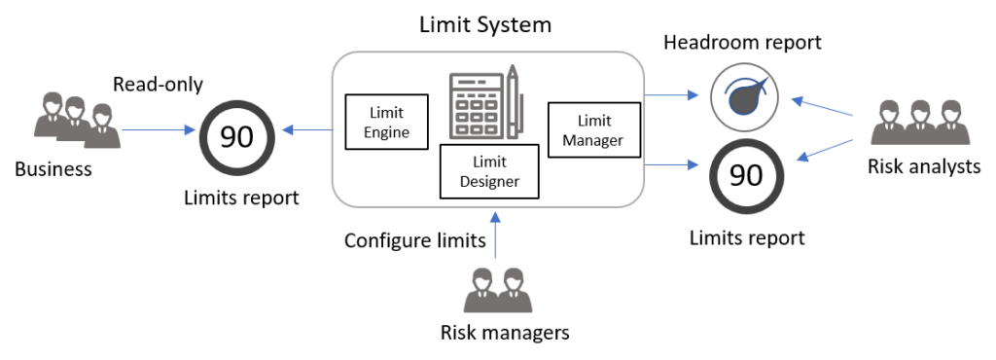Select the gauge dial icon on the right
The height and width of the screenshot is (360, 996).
[744, 97]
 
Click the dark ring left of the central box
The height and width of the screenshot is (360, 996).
[237, 137]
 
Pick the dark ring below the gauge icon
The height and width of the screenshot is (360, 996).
[746, 177]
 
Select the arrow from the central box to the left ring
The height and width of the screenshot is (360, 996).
[306, 129]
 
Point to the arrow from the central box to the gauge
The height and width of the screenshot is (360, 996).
[672, 95]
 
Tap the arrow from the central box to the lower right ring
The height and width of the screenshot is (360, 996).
[672, 164]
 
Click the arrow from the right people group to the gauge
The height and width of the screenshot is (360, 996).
[822, 106]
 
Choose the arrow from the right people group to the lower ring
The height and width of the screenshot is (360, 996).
[825, 149]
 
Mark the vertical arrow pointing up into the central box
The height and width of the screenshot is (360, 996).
[495, 234]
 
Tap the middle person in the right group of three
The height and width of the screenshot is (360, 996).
[919, 123]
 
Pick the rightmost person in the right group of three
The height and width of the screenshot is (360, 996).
[950, 123]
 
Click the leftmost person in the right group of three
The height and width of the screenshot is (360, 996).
[888, 123]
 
